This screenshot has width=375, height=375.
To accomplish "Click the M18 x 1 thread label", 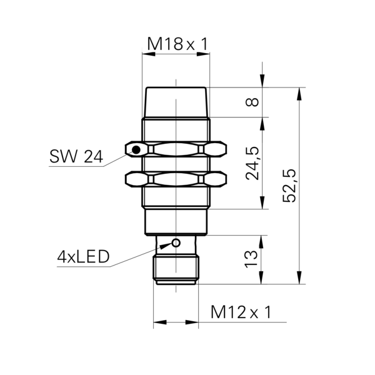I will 182,44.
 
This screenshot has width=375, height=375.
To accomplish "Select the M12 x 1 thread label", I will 246,312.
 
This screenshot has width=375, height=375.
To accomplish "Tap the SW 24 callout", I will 76,157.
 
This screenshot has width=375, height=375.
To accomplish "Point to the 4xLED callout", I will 84,257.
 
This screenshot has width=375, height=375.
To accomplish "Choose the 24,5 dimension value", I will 252,162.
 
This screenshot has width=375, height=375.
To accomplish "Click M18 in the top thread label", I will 164,44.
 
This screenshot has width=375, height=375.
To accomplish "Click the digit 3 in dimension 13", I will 251,255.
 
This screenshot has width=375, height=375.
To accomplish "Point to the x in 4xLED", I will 71,259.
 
